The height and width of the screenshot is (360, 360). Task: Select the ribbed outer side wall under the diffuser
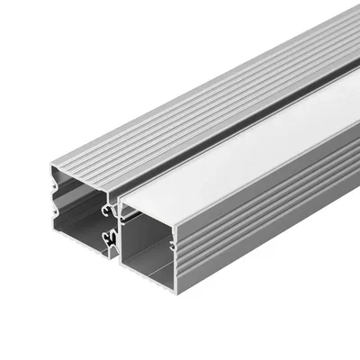click(x=270, y=216)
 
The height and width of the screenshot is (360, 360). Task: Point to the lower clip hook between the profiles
click(x=110, y=238)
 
